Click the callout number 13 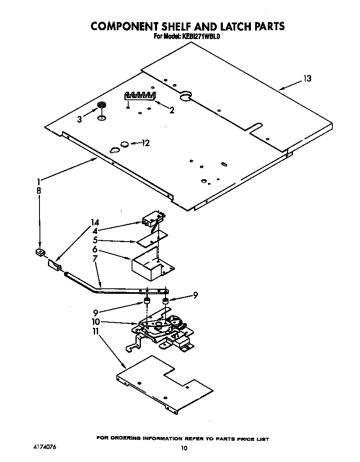tap(307, 79)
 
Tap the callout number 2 tap(172, 110)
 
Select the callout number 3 tap(79, 120)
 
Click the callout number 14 tap(95, 222)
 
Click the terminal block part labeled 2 tap(140, 96)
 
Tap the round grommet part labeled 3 tap(101, 105)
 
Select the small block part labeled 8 tap(40, 253)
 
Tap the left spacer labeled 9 tap(146, 302)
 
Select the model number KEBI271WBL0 tap(201, 37)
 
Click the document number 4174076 tap(44, 448)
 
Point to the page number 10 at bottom tap(183, 448)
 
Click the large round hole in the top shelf tap(186, 97)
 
